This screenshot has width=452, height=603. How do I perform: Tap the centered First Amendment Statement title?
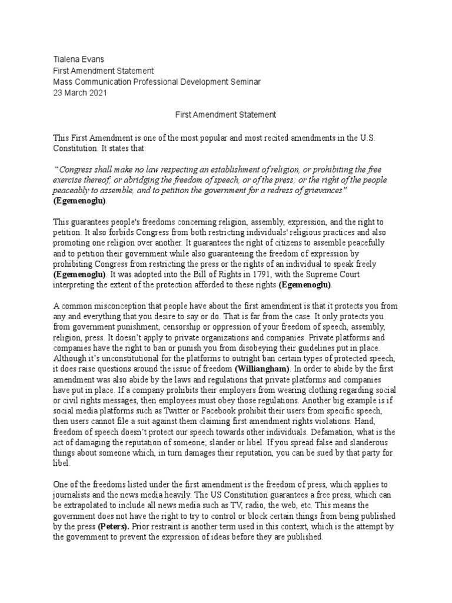[226, 114]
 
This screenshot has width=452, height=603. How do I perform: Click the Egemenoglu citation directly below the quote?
[80, 201]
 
